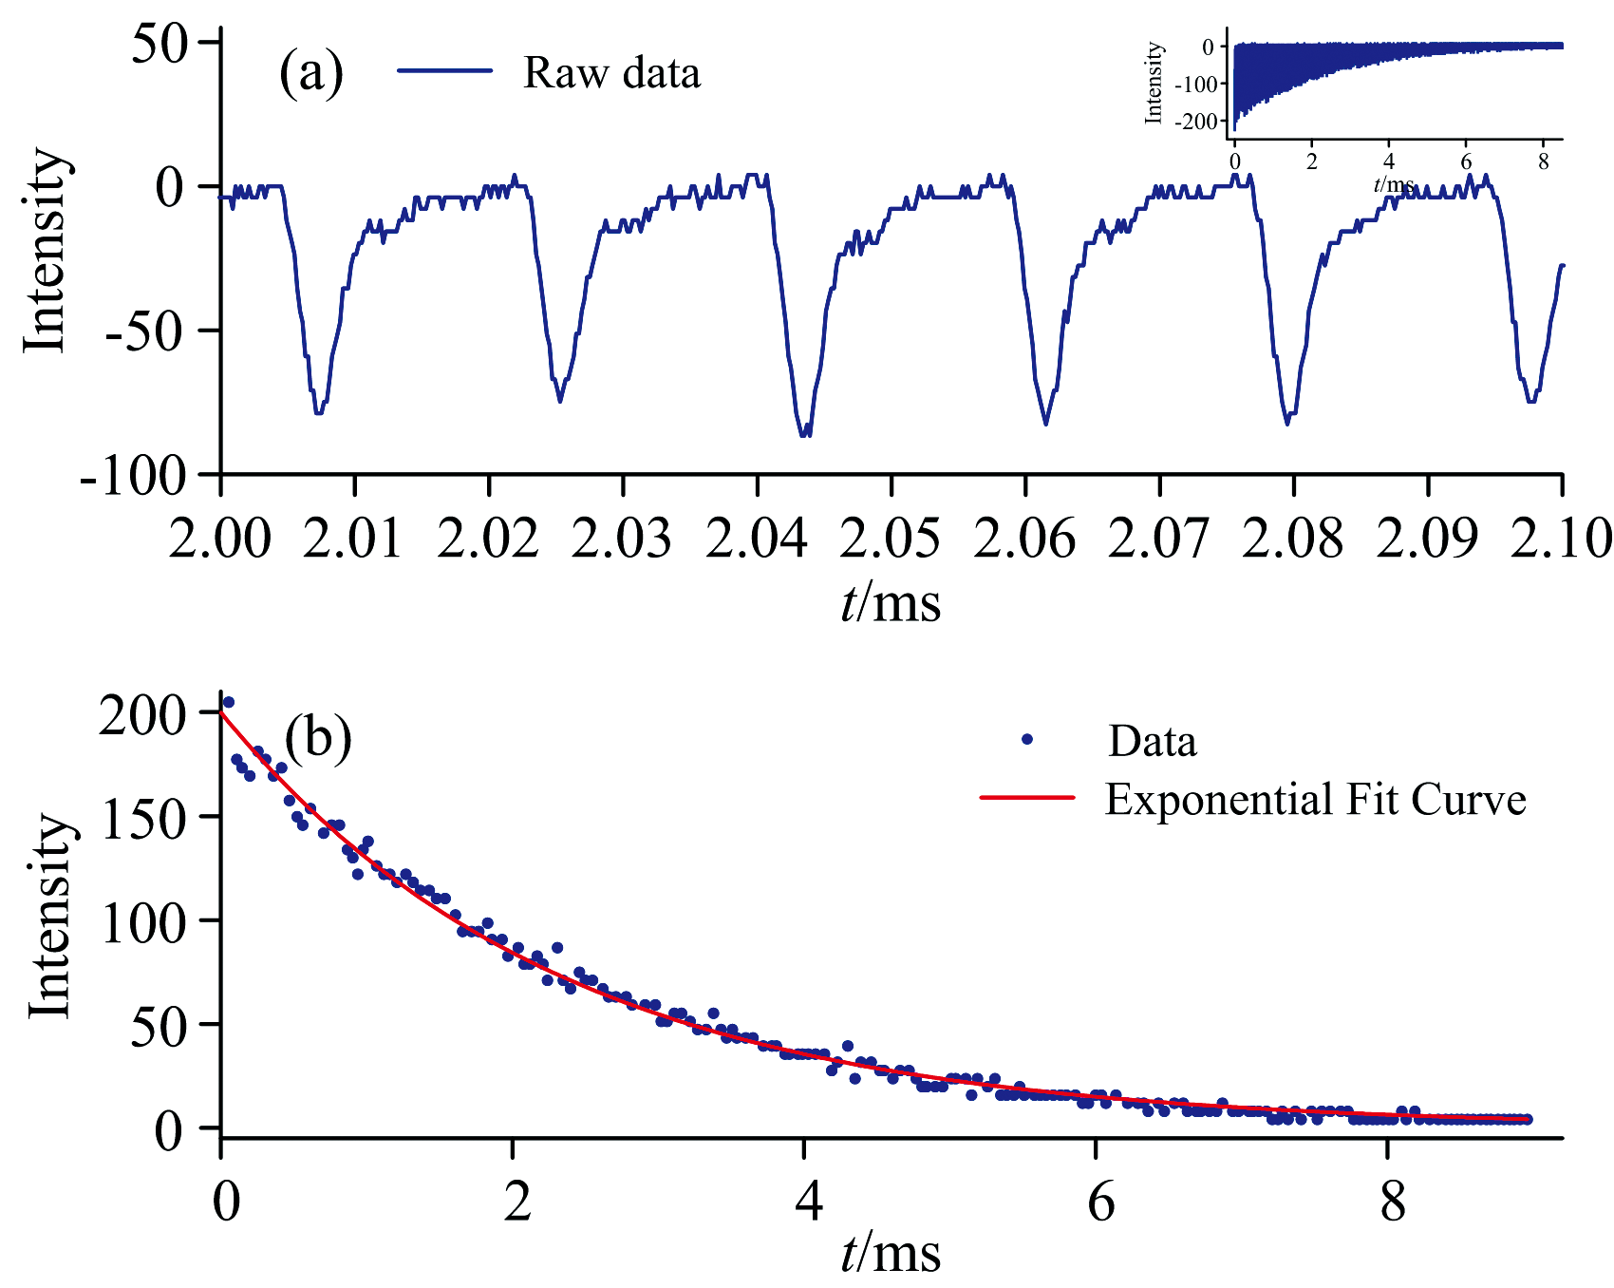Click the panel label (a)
pos(310,74)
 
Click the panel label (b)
pos(318,737)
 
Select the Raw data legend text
pos(611,73)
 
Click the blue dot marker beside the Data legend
pos(1026,739)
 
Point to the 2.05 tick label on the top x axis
pos(891,538)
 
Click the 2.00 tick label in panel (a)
pos(220,538)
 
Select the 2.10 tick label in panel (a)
pos(1560,538)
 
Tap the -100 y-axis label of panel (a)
pos(133,475)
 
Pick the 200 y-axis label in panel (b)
pos(145,714)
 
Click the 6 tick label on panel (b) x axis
pos(1099,1203)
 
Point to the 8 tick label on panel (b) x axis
pos(1392,1203)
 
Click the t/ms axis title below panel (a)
pos(891,603)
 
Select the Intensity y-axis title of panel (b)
pos(49,917)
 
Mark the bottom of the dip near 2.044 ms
pos(805,435)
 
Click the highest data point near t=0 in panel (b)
pos(228,702)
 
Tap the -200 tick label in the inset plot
pos(1196,122)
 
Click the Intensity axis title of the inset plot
pos(1154,83)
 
